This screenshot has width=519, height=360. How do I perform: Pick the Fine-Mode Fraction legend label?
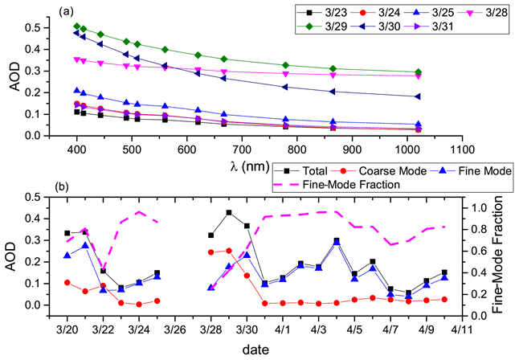354,185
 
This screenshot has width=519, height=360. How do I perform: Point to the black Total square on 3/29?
229,212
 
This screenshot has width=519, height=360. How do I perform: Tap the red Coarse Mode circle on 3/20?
67,283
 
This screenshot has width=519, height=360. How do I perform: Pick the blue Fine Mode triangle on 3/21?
85,245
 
